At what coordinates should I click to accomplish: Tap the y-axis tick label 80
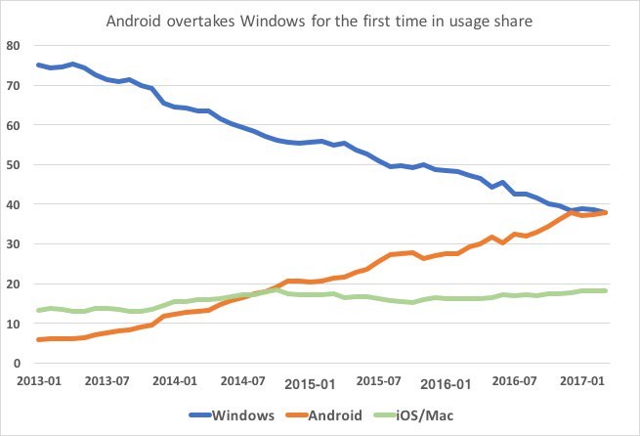[13, 45]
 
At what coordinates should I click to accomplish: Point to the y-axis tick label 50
[13, 164]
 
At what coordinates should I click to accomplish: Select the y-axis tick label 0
[17, 363]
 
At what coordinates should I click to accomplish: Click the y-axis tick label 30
[13, 243]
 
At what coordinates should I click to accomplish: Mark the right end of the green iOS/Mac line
[606, 290]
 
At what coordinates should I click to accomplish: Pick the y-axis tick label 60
[13, 125]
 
